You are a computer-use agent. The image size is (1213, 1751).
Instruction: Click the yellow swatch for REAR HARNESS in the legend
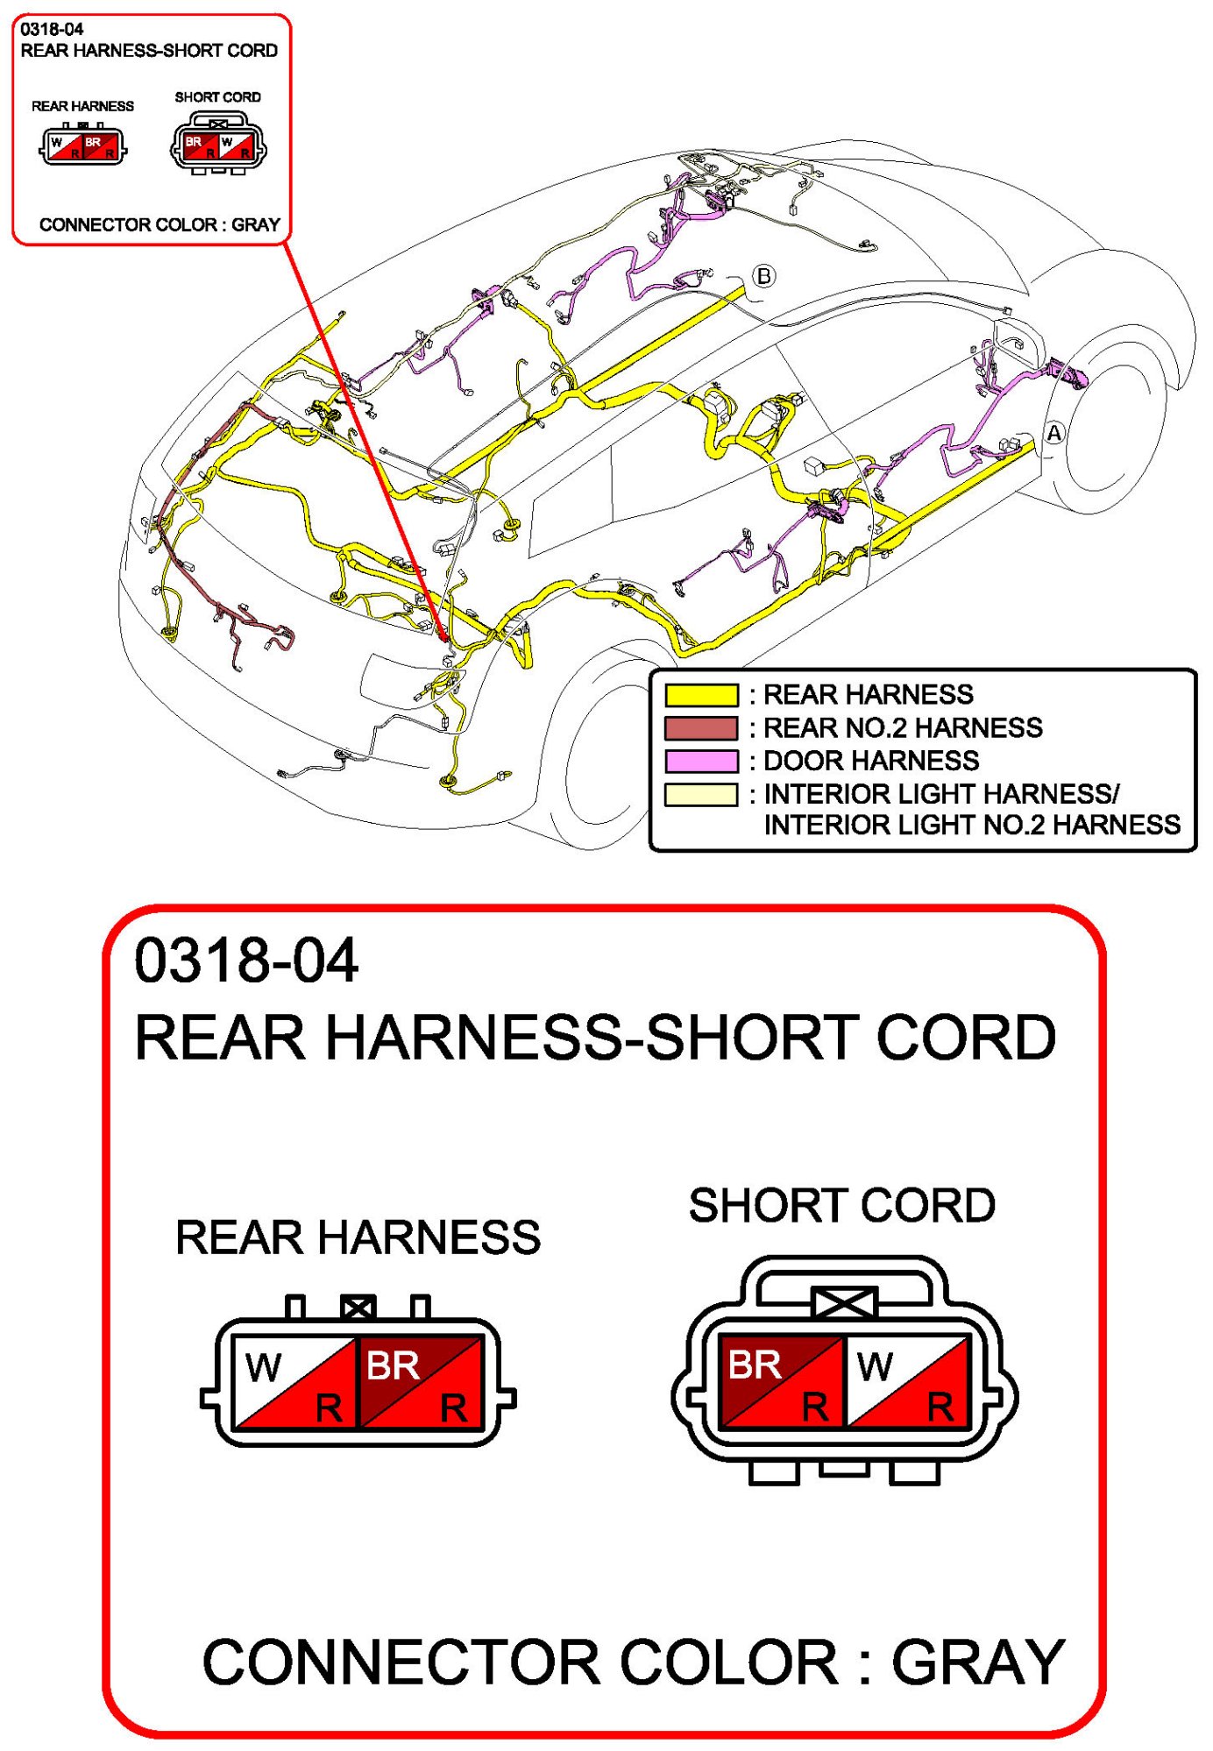(x=700, y=695)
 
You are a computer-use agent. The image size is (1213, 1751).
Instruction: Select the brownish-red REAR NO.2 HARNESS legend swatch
(x=700, y=728)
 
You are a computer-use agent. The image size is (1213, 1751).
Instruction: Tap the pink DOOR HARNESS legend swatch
(x=700, y=761)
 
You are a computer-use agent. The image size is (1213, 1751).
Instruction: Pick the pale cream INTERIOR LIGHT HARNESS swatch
(x=700, y=794)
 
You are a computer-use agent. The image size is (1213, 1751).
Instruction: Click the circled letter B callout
(x=764, y=276)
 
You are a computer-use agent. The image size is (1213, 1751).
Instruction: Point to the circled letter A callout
(x=1054, y=433)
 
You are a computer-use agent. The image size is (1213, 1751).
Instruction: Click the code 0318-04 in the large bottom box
(x=246, y=961)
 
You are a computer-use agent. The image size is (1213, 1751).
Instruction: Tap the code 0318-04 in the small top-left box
(x=52, y=29)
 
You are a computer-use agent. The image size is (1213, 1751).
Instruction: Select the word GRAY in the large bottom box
(x=978, y=1662)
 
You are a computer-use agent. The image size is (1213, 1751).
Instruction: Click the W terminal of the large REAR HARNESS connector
(x=295, y=1382)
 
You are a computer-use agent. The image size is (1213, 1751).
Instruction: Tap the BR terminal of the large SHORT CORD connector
(x=780, y=1382)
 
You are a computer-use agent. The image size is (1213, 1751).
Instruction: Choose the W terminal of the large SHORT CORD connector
(x=907, y=1382)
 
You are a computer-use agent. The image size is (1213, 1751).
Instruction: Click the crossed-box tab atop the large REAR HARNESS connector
(x=358, y=1308)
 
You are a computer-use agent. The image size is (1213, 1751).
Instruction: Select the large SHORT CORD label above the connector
(x=841, y=1205)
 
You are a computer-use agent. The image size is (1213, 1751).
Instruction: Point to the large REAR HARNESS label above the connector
(x=358, y=1237)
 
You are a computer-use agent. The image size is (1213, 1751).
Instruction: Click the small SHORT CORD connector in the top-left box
(x=218, y=146)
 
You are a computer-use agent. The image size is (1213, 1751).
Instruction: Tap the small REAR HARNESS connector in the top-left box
(x=83, y=145)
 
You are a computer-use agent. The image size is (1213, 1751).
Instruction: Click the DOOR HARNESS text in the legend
(x=871, y=761)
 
